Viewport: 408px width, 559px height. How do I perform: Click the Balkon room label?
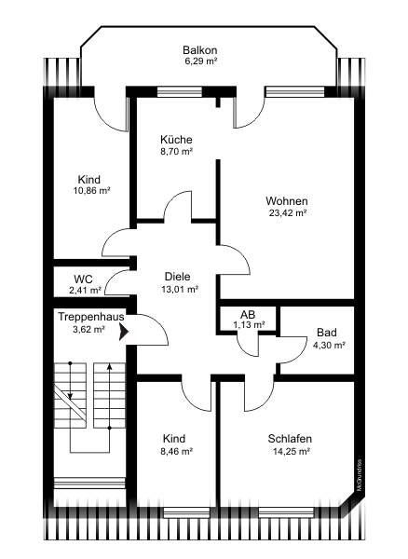200,50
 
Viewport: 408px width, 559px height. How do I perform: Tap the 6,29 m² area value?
201,61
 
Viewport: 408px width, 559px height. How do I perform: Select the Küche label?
176,139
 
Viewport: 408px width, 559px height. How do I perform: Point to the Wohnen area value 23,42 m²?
288,213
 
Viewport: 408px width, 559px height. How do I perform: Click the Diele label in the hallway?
178,277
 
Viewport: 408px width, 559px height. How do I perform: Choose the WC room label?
83,279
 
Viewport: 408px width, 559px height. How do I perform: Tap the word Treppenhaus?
91,317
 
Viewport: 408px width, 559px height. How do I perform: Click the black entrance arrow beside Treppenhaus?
124,333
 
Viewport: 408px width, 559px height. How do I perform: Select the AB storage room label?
248,315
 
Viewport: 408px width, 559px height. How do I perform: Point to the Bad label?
327,333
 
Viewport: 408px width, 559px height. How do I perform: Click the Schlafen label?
290,439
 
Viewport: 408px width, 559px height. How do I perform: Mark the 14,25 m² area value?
292,451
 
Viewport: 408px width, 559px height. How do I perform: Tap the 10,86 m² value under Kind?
91,191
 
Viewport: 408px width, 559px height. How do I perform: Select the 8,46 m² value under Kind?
177,451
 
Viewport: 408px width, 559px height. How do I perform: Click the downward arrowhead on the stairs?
70,396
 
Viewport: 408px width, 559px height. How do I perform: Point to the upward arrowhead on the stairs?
109,367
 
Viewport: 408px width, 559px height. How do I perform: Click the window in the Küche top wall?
180,92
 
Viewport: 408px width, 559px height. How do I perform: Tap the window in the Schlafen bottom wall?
287,512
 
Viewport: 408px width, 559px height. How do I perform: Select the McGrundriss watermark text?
360,475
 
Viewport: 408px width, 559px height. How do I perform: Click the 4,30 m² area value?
329,345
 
